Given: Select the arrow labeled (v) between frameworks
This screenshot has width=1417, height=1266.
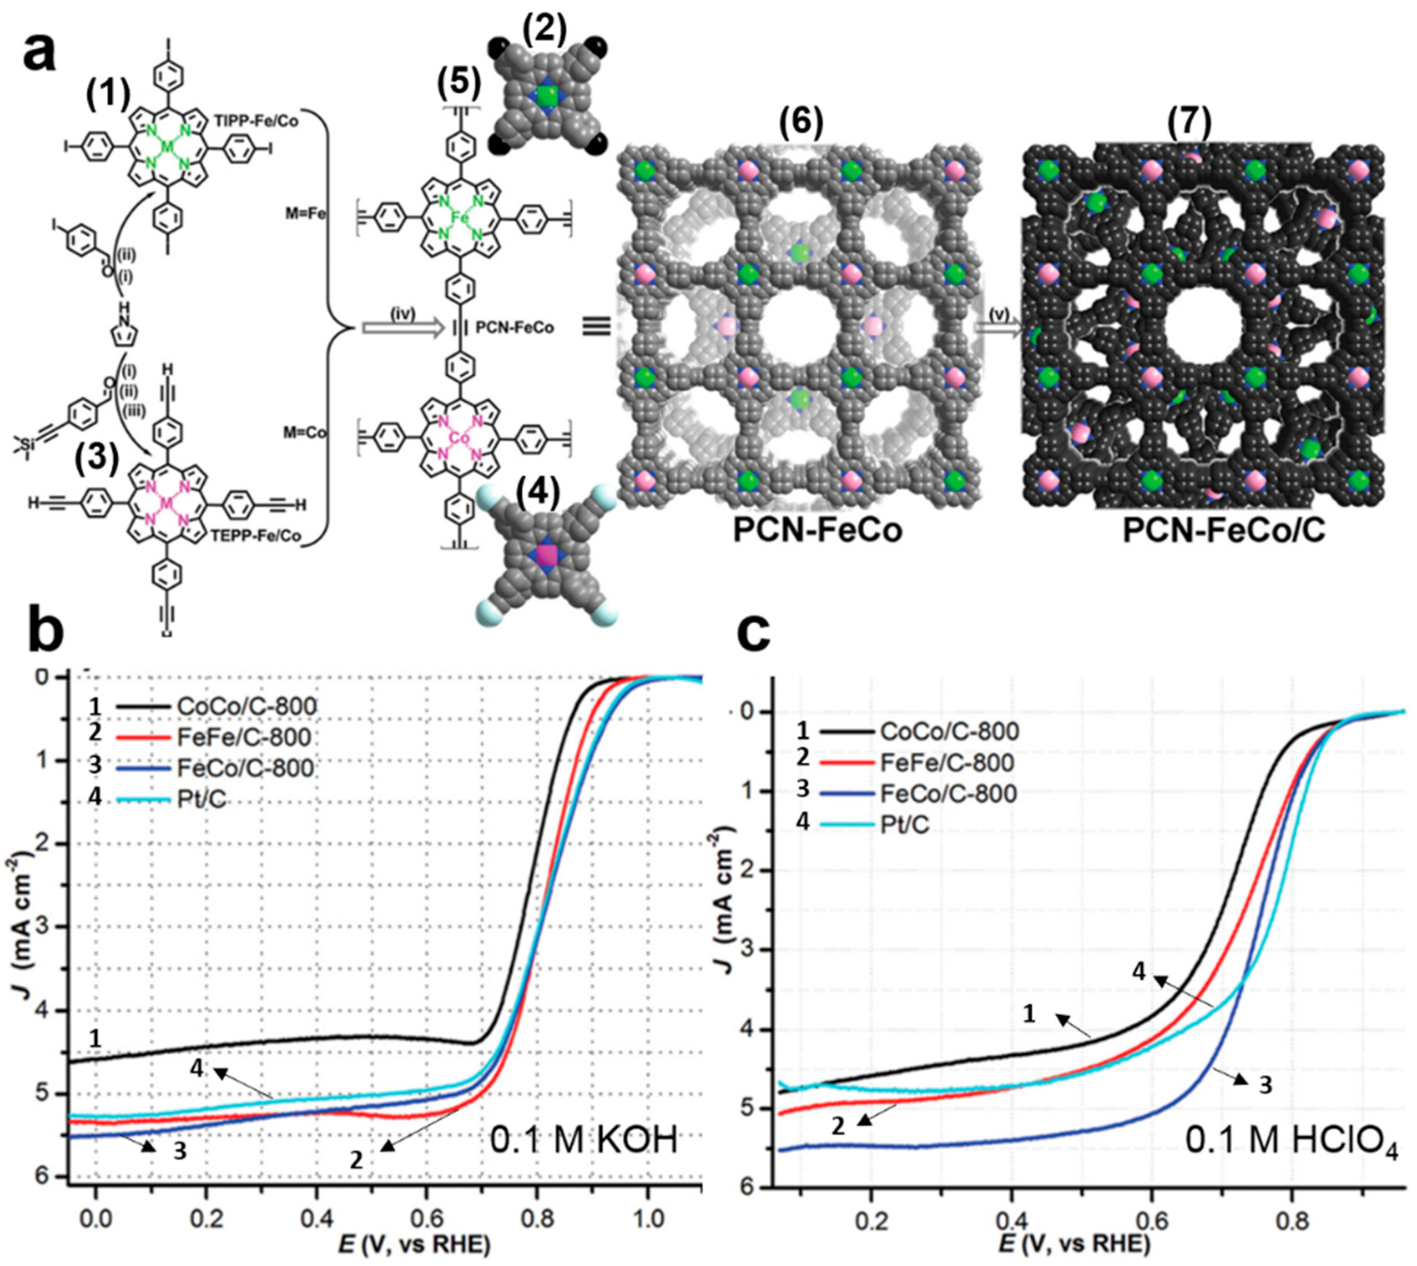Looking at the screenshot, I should pyautogui.click(x=998, y=326).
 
